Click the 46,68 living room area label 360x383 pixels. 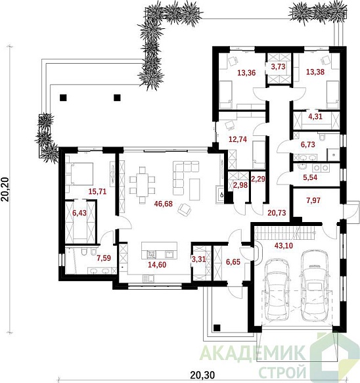tap(164, 204)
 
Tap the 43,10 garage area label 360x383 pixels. tap(284, 245)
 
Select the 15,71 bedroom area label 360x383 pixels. tap(97, 191)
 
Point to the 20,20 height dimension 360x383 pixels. tap(5, 189)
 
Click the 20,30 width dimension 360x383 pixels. tap(202, 374)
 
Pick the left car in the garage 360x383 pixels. tap(277, 290)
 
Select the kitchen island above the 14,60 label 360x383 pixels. tap(159, 250)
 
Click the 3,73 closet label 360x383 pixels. tap(278, 66)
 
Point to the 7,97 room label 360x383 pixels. tap(313, 200)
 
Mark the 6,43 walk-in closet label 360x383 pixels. tap(79, 213)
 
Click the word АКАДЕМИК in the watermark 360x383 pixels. tap(253, 353)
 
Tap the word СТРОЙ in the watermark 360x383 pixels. tap(282, 372)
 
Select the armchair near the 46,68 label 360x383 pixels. tap(185, 210)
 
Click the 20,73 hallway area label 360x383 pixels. tap(277, 213)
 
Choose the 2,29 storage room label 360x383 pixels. tap(258, 179)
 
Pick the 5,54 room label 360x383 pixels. tap(310, 177)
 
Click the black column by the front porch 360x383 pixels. tap(217, 328)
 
